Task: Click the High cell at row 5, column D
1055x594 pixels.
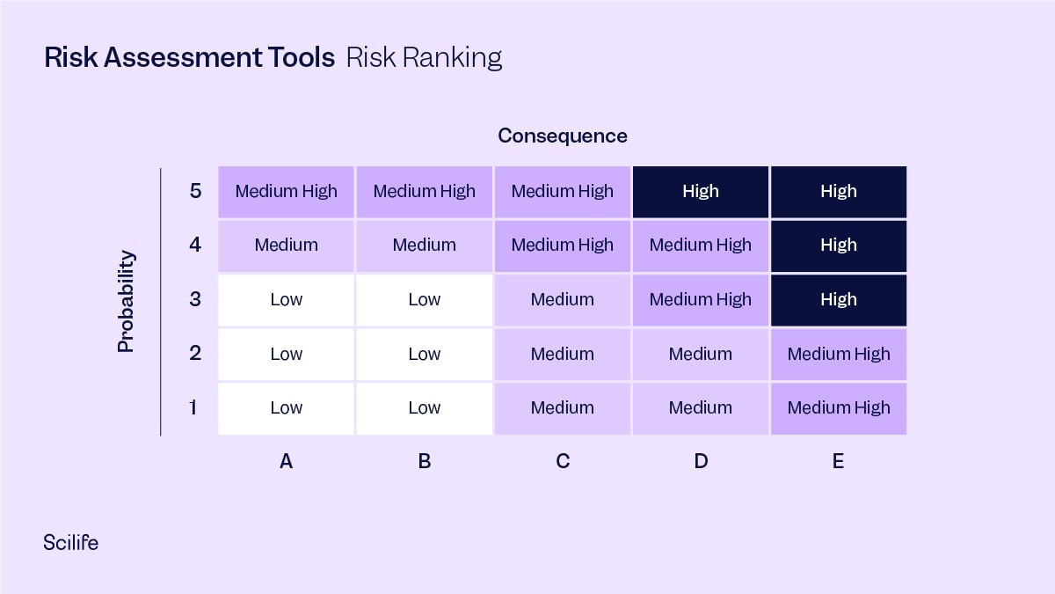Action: click(701, 191)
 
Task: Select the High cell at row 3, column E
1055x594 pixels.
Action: click(838, 299)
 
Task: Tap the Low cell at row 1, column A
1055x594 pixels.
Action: click(286, 407)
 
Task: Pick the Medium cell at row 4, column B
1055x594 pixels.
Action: click(424, 245)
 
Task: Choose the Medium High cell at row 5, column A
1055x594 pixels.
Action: click(286, 191)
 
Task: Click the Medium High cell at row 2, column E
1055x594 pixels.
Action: click(838, 354)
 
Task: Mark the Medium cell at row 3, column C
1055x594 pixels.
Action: click(562, 299)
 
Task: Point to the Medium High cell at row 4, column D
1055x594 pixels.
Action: click(701, 245)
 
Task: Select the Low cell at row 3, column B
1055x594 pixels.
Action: click(424, 299)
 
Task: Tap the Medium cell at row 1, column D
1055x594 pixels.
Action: click(701, 407)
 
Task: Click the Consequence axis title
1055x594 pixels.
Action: click(563, 136)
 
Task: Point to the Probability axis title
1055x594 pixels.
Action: click(127, 301)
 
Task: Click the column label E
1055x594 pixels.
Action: click(838, 460)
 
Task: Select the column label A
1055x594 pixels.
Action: click(286, 460)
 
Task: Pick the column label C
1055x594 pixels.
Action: click(563, 460)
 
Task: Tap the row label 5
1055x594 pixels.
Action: click(195, 191)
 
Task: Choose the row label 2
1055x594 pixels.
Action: click(195, 354)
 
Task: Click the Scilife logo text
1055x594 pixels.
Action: click(70, 542)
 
